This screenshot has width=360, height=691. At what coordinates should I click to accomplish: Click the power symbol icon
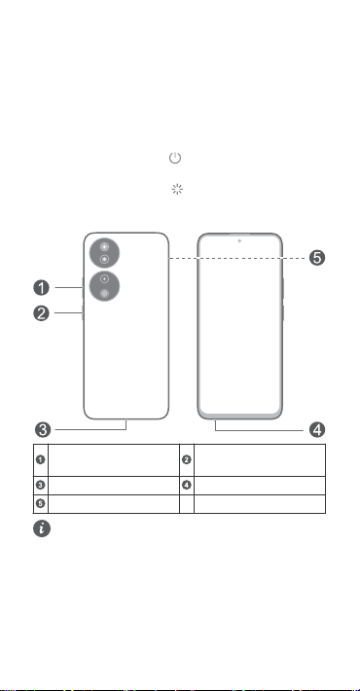(x=175, y=158)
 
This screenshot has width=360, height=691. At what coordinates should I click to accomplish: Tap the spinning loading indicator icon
(x=177, y=190)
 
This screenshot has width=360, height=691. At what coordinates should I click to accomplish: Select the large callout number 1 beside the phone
(x=42, y=288)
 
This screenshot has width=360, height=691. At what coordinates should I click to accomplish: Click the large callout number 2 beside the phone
(x=42, y=313)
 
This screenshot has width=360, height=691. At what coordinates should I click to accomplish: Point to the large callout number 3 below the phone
(x=43, y=429)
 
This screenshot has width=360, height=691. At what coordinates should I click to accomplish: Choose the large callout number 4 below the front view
(x=317, y=429)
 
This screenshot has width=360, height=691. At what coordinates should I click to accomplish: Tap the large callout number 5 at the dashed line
(x=317, y=258)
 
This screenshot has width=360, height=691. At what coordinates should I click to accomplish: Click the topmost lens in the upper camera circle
(x=104, y=247)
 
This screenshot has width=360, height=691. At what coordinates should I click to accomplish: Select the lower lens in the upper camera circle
(x=104, y=259)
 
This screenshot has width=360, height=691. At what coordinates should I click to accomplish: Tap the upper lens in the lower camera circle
(x=104, y=279)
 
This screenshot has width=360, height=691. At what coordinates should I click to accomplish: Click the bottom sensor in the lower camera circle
(x=104, y=293)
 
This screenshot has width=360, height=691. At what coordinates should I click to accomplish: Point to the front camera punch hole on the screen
(x=239, y=241)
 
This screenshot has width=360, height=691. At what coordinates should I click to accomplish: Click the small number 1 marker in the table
(x=40, y=460)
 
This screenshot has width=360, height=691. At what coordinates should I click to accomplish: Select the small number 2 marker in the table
(x=187, y=460)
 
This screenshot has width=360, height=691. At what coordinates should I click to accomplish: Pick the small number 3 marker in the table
(x=40, y=486)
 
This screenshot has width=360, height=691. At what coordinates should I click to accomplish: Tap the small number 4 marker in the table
(x=187, y=486)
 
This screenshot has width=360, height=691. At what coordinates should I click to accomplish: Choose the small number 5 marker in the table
(x=40, y=503)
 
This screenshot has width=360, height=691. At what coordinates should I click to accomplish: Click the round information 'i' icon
(x=42, y=528)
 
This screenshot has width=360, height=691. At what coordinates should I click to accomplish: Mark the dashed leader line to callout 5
(x=238, y=258)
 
